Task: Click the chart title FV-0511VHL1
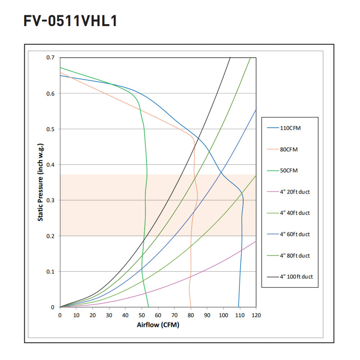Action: (x=70, y=21)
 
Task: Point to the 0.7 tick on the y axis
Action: (x=50, y=58)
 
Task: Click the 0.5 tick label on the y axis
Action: (x=50, y=129)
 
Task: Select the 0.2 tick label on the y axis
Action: (x=50, y=236)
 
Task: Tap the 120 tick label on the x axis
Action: (x=256, y=315)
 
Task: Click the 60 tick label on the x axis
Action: (x=158, y=315)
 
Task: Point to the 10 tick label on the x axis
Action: (x=76, y=315)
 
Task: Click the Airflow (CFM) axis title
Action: (x=158, y=325)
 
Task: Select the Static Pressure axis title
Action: (x=41, y=182)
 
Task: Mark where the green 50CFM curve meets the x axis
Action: (x=148, y=307)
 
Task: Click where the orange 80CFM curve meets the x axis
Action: (x=191, y=307)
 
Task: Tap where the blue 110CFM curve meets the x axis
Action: (x=238, y=307)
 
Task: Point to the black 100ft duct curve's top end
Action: (x=230, y=58)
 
